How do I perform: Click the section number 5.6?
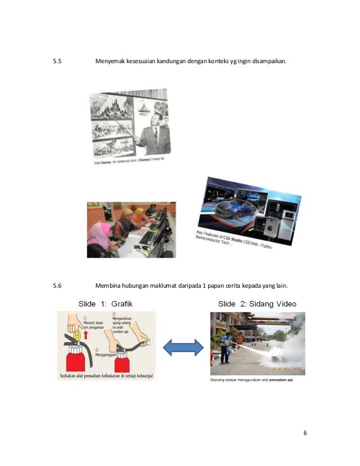pyautogui.click(x=57, y=285)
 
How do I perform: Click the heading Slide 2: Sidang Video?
pyautogui.click(x=257, y=304)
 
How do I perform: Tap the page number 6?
pyautogui.click(x=305, y=433)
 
